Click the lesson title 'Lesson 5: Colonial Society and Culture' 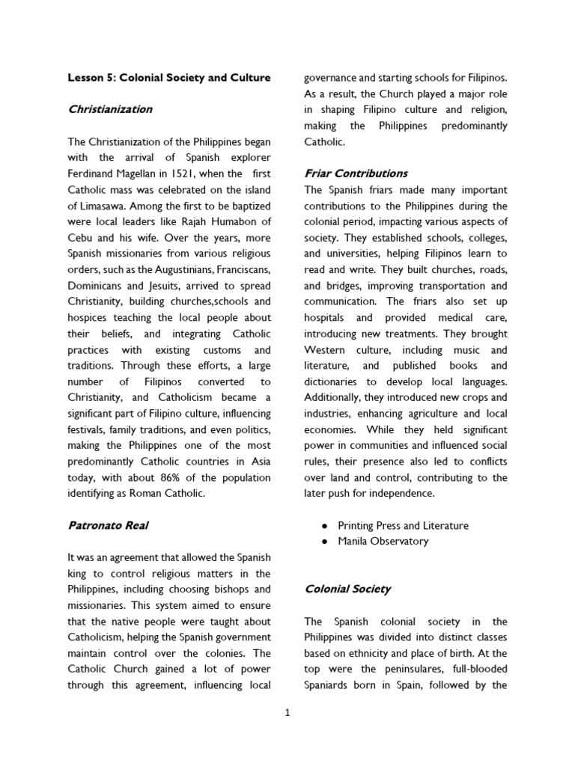pos(169,77)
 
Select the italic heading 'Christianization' pos(110,109)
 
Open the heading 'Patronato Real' pos(108,525)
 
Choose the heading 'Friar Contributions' pos(356,174)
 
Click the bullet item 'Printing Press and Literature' pos(403,525)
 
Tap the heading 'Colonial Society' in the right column pos(347,589)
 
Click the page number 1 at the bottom pos(287,713)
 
